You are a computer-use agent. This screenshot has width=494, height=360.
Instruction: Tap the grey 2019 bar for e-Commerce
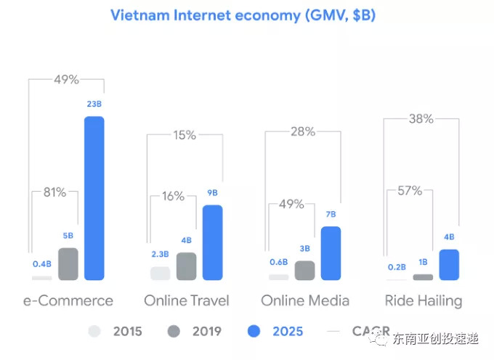pos(68,264)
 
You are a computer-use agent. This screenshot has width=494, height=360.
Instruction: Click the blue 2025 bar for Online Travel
pos(212,242)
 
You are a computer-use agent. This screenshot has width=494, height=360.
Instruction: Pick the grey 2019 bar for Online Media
pos(305,270)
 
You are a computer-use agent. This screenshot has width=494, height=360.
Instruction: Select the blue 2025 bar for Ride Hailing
pos(450,265)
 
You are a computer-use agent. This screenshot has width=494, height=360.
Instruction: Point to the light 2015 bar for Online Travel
pos(160,273)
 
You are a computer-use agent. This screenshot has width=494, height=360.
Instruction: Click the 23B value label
pos(94,105)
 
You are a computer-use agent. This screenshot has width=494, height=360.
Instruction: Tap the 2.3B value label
pos(159,254)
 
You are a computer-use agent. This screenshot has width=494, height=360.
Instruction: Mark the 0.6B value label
pos(278,263)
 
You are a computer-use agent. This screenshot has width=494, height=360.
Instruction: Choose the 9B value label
pos(212,193)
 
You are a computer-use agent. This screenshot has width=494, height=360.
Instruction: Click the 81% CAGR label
pos(54,192)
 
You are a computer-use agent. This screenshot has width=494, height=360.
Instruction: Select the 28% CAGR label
pos(302,131)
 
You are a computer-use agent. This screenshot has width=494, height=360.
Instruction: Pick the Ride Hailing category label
pos(423,300)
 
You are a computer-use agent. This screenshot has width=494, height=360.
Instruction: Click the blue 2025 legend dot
pos(254,332)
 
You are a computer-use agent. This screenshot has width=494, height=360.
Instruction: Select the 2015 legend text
pos(128,332)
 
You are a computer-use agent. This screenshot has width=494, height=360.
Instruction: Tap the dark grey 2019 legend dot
pos(173,332)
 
